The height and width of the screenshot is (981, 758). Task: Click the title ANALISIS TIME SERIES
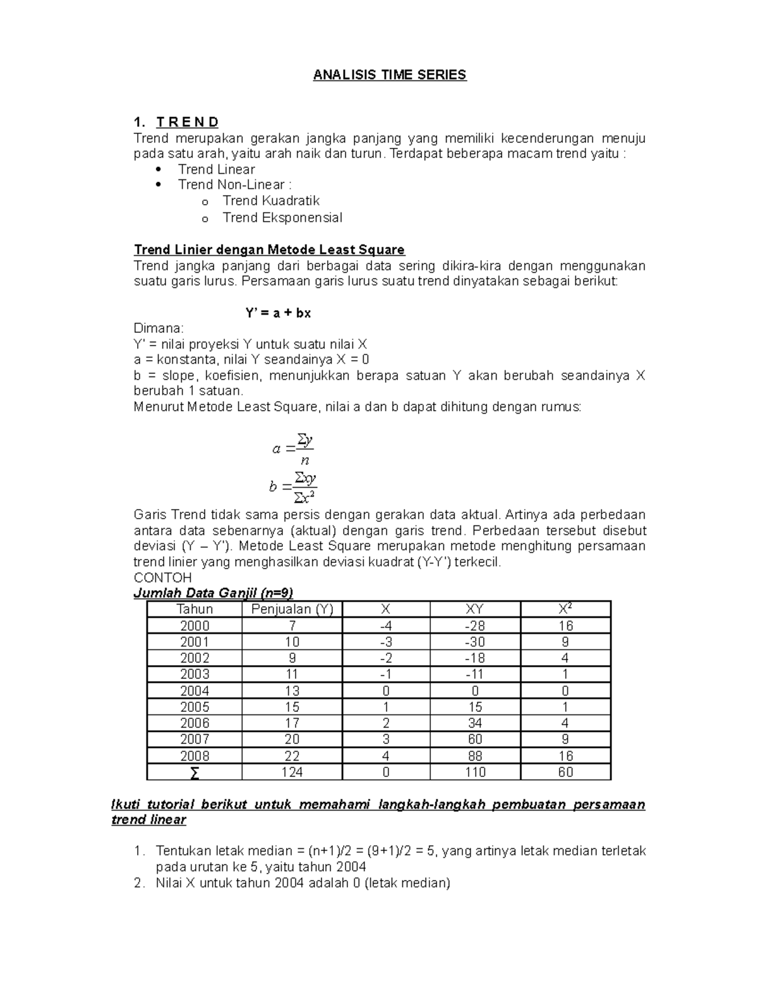(x=390, y=75)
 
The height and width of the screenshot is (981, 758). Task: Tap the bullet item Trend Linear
(x=216, y=169)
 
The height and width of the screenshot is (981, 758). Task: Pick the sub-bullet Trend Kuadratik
(x=271, y=201)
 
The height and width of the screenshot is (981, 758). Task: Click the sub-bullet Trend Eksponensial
(x=282, y=218)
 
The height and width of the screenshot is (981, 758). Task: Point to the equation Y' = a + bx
(x=278, y=313)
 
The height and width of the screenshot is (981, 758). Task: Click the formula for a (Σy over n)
(x=294, y=448)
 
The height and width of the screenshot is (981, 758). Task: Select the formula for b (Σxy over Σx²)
(x=294, y=486)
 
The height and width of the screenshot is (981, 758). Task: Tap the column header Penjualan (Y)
(x=292, y=610)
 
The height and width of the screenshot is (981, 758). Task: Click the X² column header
(x=565, y=610)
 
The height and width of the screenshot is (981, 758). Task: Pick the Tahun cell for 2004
(x=195, y=691)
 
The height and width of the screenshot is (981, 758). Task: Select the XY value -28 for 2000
(x=475, y=626)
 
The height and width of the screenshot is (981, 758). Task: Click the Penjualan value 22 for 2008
(x=292, y=756)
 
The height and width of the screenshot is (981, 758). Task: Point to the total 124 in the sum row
(x=292, y=773)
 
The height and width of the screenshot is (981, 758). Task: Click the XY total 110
(x=475, y=773)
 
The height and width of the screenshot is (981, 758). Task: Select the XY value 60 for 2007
(x=475, y=740)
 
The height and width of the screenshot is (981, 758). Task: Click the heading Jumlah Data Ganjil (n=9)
(x=214, y=593)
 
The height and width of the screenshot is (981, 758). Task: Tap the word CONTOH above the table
(x=163, y=578)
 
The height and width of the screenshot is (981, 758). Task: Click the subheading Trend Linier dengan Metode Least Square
(x=269, y=250)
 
